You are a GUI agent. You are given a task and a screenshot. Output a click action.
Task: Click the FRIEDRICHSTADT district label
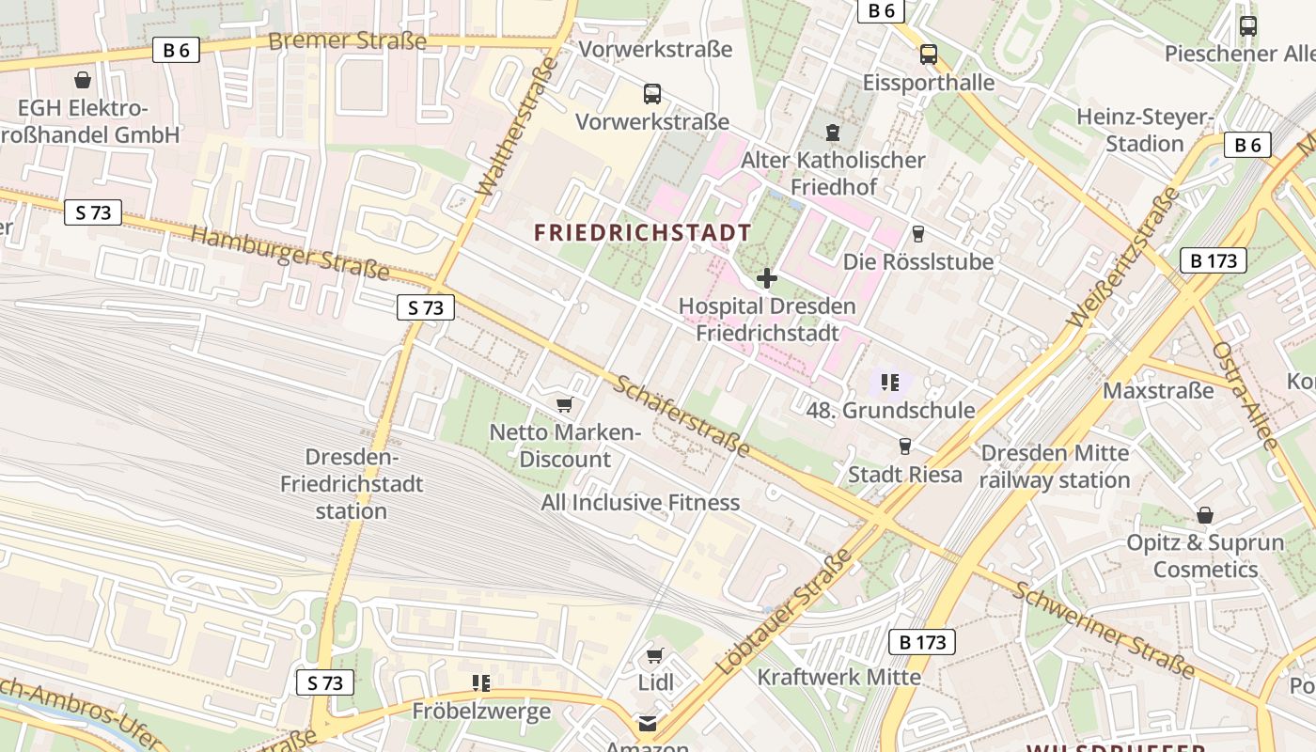click(x=643, y=233)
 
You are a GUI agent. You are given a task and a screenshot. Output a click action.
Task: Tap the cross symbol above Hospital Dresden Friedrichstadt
click(x=767, y=278)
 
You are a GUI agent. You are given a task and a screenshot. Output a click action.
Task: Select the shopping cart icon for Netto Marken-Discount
click(x=564, y=405)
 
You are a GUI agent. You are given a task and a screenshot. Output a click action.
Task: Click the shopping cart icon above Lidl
click(x=655, y=655)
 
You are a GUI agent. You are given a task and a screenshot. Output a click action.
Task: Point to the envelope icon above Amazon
click(x=648, y=723)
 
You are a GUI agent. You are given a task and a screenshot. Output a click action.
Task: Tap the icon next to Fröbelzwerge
click(x=481, y=683)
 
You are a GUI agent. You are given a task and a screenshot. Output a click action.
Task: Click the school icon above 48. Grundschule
click(x=890, y=383)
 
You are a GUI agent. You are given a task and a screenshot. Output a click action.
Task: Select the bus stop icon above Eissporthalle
click(x=929, y=55)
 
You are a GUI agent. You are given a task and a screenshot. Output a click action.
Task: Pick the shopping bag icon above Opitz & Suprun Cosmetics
click(x=1205, y=515)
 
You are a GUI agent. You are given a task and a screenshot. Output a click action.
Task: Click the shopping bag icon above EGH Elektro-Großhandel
click(x=83, y=80)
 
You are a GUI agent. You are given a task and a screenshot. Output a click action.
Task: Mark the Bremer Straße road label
click(x=347, y=40)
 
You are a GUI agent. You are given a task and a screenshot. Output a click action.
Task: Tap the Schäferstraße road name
click(x=681, y=415)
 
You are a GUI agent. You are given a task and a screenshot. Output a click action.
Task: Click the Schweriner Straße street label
click(x=1104, y=630)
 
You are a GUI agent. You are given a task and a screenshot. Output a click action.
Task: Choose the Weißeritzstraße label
click(x=1122, y=258)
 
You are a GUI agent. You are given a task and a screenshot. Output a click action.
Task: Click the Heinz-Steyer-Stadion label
click(x=1145, y=131)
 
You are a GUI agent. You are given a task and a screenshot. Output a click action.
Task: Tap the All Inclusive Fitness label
click(x=640, y=503)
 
